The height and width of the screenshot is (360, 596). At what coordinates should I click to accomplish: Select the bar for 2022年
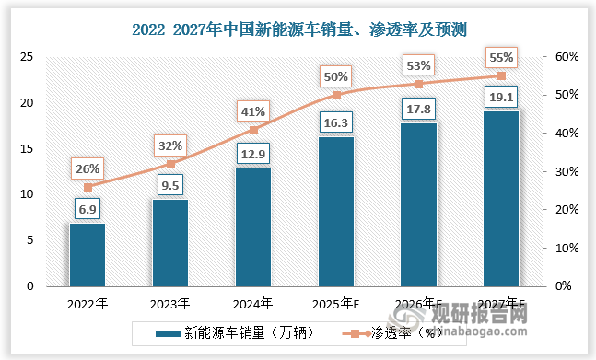click(88, 255)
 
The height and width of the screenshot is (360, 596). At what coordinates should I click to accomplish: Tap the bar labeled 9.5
click(169, 243)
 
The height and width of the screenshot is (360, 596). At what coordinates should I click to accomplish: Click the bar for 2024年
click(252, 227)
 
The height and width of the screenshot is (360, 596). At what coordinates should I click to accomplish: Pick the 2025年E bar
click(335, 212)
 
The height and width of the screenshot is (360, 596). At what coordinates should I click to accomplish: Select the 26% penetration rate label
click(88, 168)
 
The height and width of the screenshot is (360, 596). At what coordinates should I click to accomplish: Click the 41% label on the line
click(252, 111)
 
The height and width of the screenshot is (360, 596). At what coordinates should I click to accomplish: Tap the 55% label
click(501, 58)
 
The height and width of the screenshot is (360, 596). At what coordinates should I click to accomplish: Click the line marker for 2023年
click(169, 164)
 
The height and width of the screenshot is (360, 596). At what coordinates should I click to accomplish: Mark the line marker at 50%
click(335, 95)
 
